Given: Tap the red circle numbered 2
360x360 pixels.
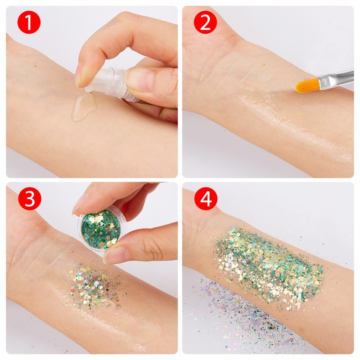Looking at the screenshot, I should tap(205, 23).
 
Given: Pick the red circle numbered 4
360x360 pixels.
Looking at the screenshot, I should tap(205, 199).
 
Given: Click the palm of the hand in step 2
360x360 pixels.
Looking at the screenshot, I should tap(207, 67).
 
